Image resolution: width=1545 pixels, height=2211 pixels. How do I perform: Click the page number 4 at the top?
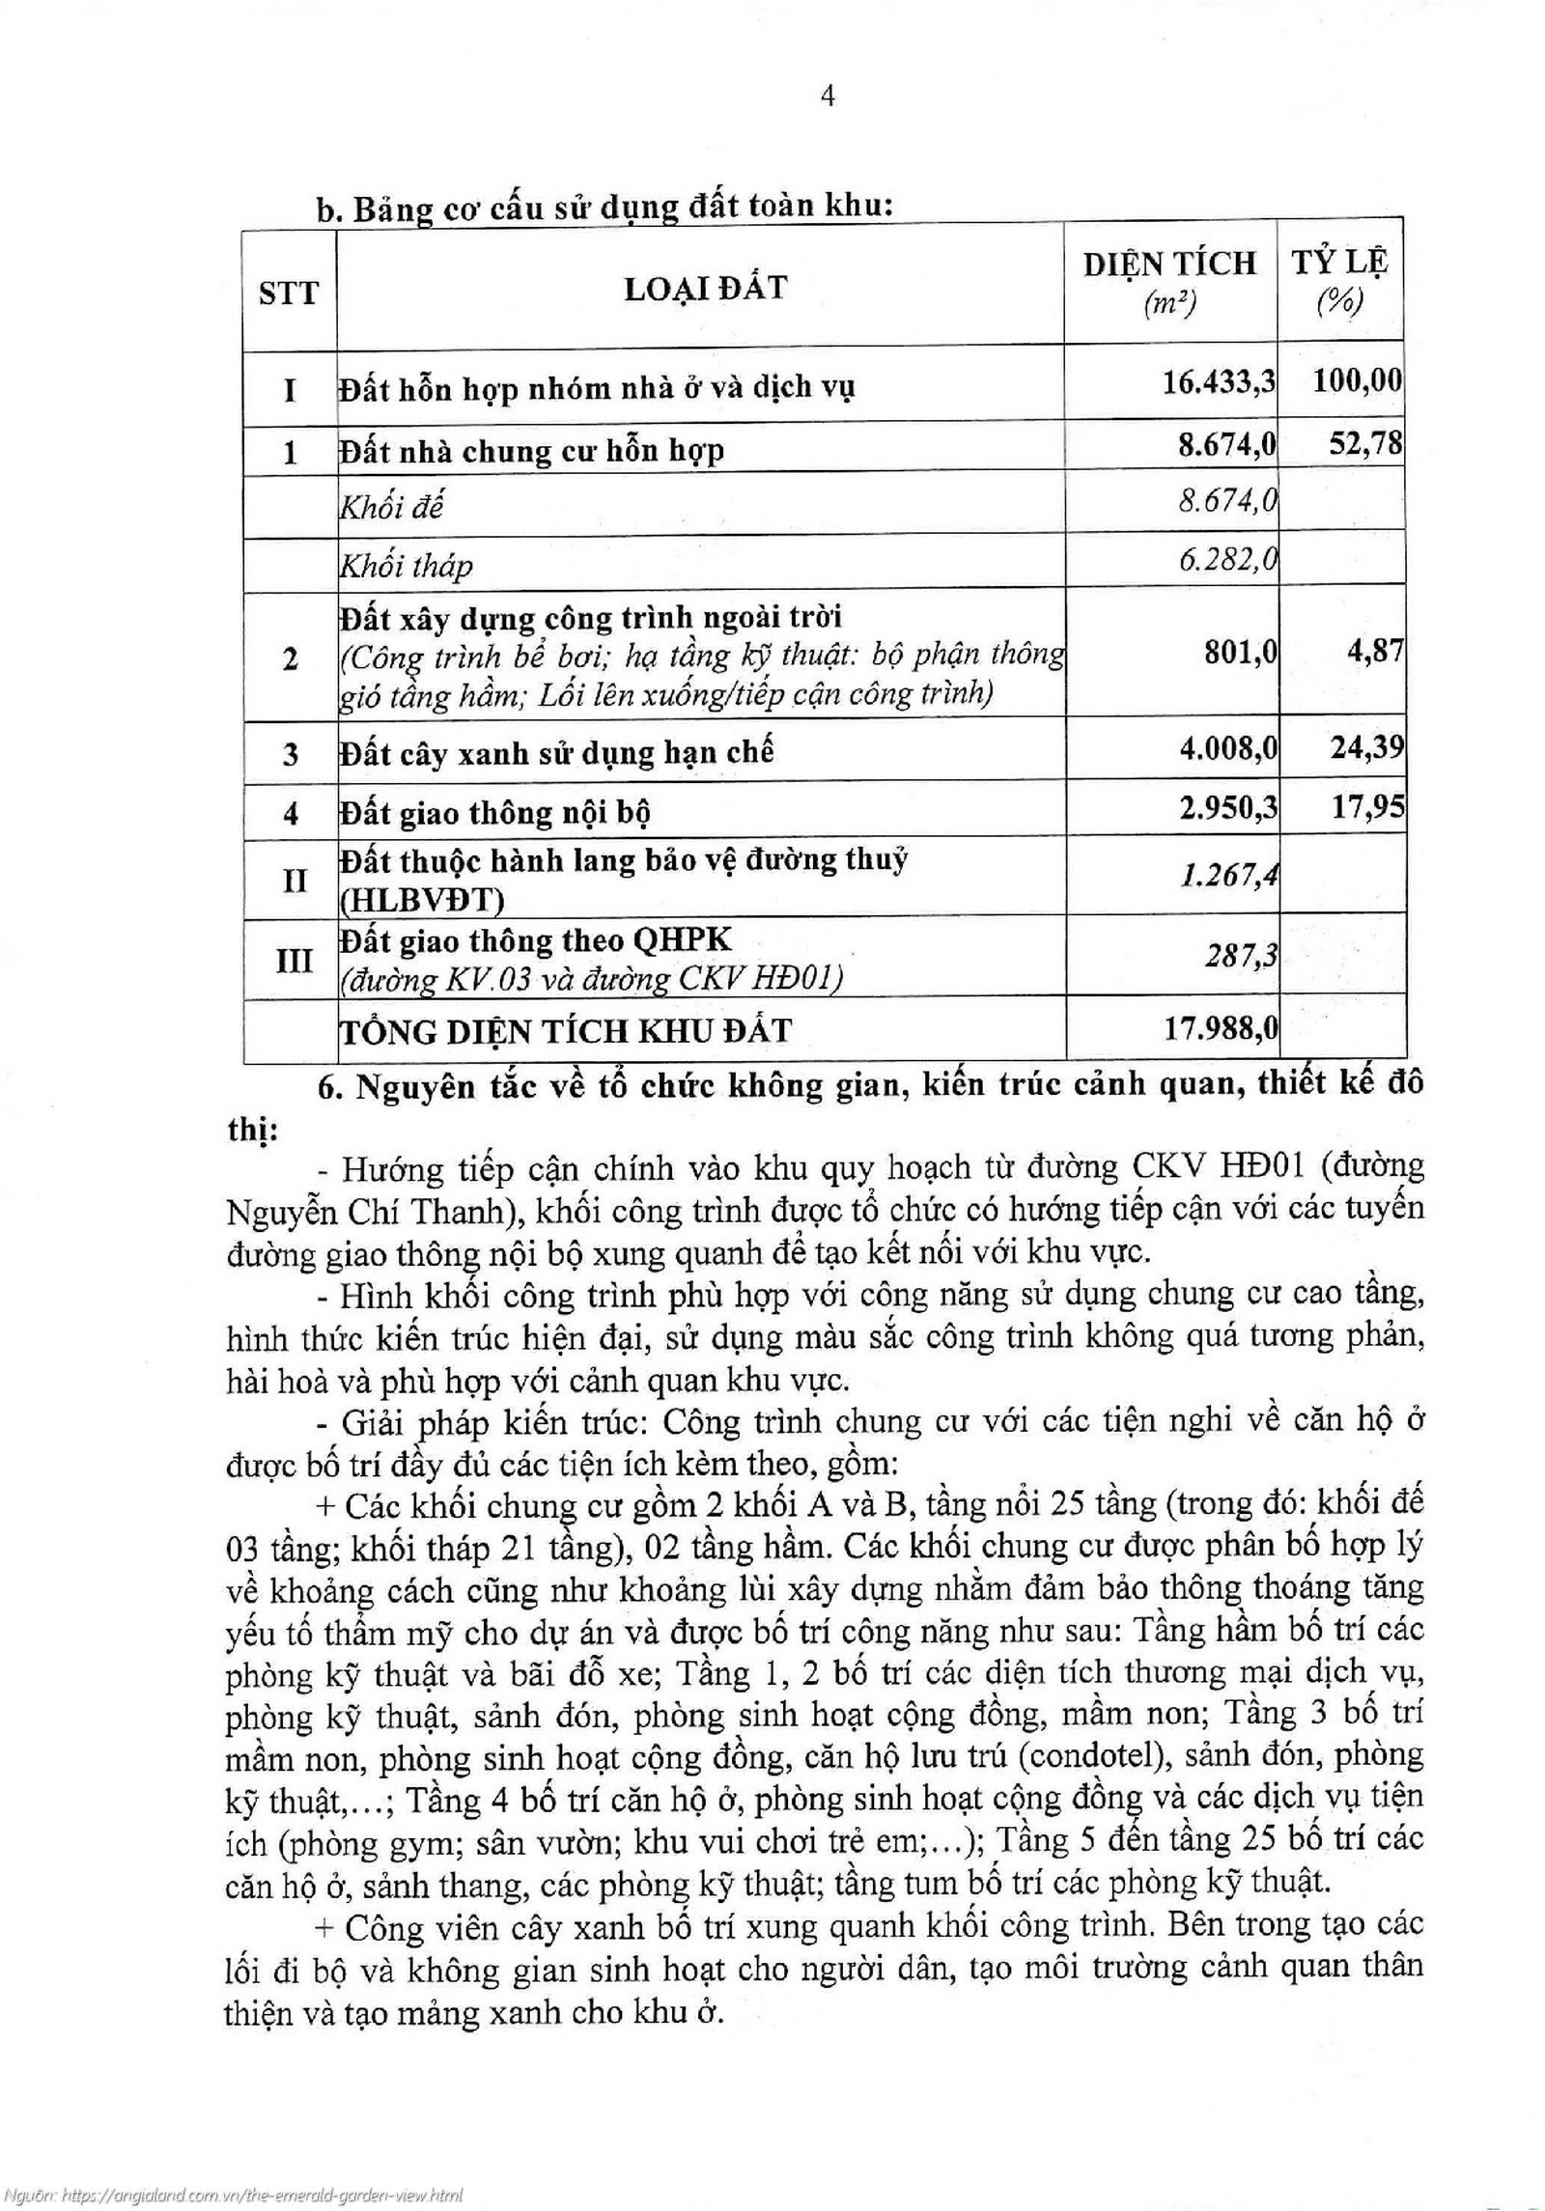click(x=827, y=97)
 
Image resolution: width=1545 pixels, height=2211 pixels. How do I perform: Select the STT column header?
click(x=288, y=292)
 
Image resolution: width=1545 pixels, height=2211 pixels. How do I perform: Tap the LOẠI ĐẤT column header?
click(x=705, y=288)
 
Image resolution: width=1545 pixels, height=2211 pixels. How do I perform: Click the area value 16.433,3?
click(x=1219, y=382)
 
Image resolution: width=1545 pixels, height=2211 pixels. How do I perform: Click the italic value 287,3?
click(x=1241, y=956)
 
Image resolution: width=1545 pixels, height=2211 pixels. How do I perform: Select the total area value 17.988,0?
click(x=1220, y=1028)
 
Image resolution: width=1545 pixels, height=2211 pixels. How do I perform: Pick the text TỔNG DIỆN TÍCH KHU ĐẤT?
click(x=565, y=1031)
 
